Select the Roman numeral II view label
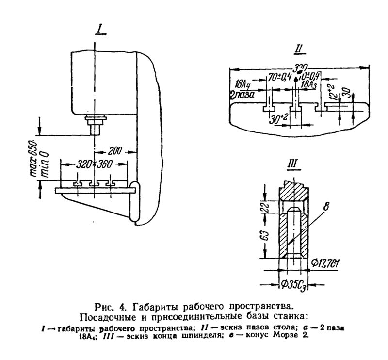(x=299, y=49)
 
